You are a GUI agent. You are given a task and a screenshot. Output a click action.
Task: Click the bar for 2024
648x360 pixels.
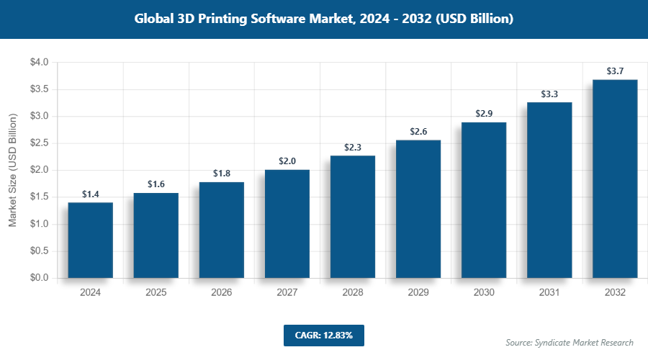tap(91, 240)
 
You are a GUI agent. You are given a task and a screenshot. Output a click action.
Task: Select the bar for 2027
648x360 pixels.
tap(287, 223)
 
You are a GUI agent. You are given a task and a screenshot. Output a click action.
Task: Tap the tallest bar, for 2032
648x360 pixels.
tap(615, 179)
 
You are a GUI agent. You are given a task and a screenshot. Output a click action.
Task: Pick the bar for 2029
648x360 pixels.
tap(418, 209)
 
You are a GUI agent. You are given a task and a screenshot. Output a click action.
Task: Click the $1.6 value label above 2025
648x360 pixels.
tap(156, 184)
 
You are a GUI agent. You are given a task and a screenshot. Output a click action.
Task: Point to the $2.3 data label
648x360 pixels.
tap(353, 147)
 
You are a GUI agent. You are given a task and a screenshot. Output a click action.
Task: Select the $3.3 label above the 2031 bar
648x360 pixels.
tap(549, 94)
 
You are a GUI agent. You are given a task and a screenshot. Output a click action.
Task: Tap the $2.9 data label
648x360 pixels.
tap(484, 114)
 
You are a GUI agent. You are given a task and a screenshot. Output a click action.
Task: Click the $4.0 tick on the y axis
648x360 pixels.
tap(39, 63)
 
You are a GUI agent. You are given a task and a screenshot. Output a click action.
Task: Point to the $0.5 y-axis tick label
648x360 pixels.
tap(39, 251)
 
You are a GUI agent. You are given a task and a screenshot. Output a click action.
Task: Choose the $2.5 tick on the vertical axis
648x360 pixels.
tap(39, 143)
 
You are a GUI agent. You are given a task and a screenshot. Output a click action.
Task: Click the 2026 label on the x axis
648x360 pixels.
tap(222, 293)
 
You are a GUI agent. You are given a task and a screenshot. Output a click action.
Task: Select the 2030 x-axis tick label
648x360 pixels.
tap(484, 293)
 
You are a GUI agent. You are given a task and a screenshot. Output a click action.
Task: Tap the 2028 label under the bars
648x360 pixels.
tap(353, 293)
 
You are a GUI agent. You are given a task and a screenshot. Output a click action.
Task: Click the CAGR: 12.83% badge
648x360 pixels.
tap(323, 336)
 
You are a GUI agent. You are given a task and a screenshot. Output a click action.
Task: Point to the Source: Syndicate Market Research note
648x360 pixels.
tap(570, 342)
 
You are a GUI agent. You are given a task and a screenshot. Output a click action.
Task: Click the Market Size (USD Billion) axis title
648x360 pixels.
tap(12, 171)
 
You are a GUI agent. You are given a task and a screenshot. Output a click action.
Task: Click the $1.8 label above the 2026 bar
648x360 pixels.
tap(222, 174)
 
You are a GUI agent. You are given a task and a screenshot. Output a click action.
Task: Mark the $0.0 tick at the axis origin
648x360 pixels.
tap(39, 278)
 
